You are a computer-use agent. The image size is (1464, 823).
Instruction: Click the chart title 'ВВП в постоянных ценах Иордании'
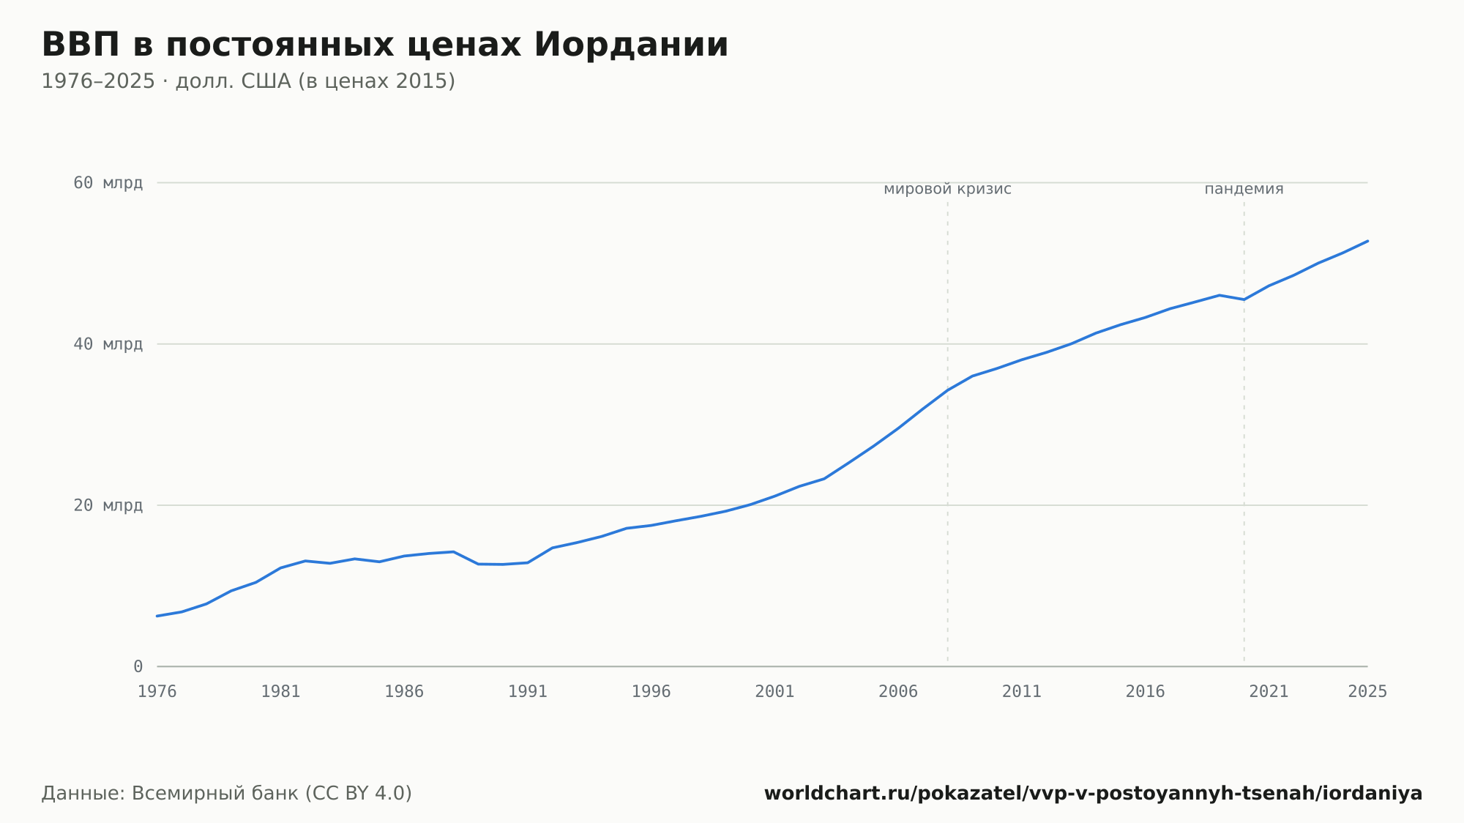point(385,45)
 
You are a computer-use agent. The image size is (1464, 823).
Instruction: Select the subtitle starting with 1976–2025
point(248,81)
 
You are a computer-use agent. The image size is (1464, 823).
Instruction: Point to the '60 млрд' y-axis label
point(108,183)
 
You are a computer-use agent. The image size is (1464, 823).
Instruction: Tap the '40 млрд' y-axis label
point(108,344)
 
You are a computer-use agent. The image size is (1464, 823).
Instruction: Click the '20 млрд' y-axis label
point(108,505)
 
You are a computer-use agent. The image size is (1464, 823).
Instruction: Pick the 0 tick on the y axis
point(138,666)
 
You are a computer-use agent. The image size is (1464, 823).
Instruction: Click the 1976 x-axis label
point(157,692)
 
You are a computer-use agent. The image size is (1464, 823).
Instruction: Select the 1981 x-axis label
point(281,692)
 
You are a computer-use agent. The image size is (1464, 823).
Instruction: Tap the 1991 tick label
point(528,692)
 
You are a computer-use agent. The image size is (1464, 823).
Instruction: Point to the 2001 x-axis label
point(774,692)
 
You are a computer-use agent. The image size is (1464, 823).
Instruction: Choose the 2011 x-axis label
point(1022,692)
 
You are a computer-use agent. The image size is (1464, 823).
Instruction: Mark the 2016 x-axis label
point(1146,692)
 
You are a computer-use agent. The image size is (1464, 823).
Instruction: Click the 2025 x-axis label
point(1367,692)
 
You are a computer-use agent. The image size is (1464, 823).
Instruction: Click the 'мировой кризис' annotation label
point(948,190)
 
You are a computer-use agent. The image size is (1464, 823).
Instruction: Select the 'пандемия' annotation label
point(1244,190)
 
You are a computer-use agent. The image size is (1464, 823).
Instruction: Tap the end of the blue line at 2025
point(1367,241)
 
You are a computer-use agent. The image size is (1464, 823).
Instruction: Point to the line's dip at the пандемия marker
point(1244,299)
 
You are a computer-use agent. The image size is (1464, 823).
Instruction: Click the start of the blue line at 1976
point(157,616)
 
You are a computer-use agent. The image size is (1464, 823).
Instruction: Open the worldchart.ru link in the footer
point(1094,794)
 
